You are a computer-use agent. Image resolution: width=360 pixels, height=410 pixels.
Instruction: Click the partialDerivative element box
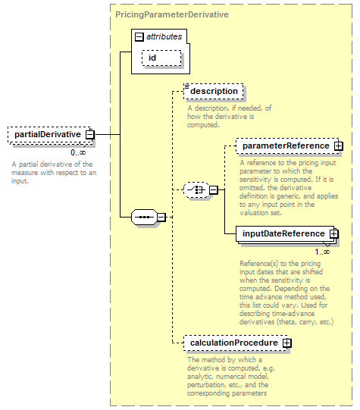(51, 135)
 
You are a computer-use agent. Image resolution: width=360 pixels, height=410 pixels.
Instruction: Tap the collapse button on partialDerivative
(90, 135)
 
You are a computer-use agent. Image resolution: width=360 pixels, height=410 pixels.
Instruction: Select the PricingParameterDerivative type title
(172, 14)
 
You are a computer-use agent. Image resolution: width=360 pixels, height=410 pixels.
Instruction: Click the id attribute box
(161, 58)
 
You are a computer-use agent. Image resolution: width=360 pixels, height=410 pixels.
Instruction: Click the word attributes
(164, 36)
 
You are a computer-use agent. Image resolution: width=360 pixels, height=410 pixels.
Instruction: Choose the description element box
(214, 91)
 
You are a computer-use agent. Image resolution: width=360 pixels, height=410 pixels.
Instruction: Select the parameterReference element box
(288, 146)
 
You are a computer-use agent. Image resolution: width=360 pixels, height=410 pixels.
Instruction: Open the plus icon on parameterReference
(338, 146)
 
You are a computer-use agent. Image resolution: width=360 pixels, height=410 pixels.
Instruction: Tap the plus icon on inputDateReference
(334, 233)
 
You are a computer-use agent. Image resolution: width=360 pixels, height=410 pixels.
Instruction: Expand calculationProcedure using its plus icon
(286, 343)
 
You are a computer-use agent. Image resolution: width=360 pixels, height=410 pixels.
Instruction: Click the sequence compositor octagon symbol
(144, 217)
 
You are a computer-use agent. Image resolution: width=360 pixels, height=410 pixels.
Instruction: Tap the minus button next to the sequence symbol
(161, 217)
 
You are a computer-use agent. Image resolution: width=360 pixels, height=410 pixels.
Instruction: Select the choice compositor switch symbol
(196, 189)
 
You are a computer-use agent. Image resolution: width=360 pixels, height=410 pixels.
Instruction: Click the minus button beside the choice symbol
(213, 189)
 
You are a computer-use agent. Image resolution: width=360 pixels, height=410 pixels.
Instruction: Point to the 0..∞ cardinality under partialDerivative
(78, 152)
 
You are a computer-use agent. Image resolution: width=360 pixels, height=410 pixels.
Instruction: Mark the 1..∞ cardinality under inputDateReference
(322, 252)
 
